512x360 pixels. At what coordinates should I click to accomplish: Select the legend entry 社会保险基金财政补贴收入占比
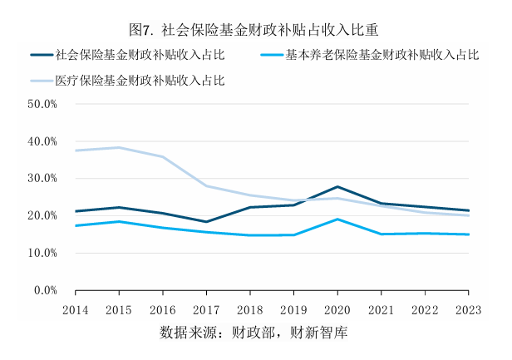coord(140,56)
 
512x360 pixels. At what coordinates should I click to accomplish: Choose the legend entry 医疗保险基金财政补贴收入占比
coord(140,81)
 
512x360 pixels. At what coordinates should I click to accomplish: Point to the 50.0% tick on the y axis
coord(42,105)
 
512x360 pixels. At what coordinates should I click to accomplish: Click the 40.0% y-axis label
coord(42,142)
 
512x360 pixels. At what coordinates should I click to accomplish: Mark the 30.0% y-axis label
coord(42,179)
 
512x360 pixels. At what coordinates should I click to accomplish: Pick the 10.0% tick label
coord(42,253)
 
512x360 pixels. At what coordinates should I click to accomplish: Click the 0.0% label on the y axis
coord(44,290)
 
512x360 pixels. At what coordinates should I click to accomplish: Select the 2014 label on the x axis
coord(75,308)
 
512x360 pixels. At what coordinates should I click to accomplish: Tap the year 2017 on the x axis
coord(206,308)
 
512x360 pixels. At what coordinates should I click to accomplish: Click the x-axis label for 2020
coord(337,308)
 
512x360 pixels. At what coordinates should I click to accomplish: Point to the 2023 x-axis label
coord(468,308)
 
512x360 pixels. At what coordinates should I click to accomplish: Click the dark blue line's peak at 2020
coord(337,187)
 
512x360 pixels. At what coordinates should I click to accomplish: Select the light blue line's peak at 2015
coord(119,147)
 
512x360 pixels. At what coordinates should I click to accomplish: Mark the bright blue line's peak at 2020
coord(337,219)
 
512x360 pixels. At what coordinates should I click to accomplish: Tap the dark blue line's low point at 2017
coord(206,222)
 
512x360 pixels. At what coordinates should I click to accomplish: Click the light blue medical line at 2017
coord(206,186)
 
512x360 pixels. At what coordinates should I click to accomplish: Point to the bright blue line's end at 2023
coord(468,234)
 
